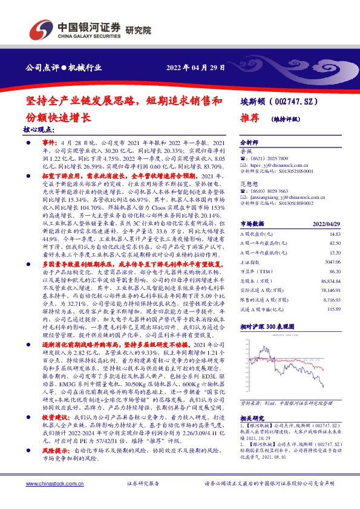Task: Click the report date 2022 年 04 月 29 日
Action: click(197, 68)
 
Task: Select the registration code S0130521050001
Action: click(287, 172)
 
